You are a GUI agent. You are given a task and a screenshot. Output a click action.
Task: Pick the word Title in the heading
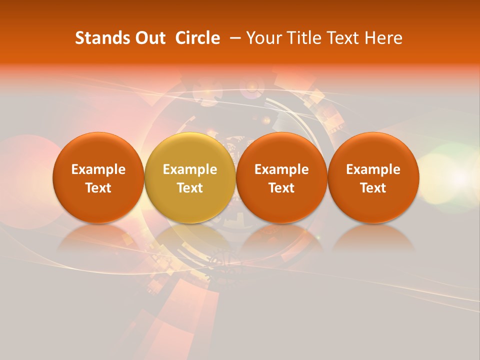(301, 38)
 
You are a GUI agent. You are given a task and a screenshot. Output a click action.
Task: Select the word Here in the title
(383, 38)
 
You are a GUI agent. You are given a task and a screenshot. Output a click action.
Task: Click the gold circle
(190, 177)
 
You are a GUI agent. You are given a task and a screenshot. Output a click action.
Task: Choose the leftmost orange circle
(98, 177)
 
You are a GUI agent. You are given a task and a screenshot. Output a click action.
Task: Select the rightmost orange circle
(373, 177)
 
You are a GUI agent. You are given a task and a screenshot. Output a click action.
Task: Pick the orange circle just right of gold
(281, 177)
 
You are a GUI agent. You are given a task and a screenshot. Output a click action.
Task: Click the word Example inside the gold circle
(190, 169)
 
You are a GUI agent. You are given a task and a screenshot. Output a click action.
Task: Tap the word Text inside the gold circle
(190, 188)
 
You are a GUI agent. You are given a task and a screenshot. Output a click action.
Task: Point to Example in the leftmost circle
(98, 169)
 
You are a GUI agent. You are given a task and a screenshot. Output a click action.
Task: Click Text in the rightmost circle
(373, 188)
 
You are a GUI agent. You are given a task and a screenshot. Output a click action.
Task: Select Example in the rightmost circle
(373, 169)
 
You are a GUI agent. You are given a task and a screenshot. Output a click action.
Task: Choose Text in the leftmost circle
(98, 188)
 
